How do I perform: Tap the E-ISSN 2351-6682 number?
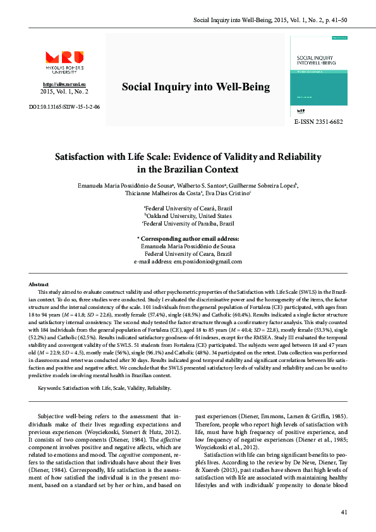click(318, 121)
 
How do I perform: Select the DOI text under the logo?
click(64, 107)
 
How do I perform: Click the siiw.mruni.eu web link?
click(64, 84)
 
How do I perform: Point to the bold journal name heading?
click(187, 87)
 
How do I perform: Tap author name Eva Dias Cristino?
click(227, 194)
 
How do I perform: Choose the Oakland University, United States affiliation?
click(188, 215)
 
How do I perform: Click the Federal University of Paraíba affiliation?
click(188, 224)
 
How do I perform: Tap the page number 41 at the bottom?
click(344, 512)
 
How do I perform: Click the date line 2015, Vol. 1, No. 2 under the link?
click(64, 92)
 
